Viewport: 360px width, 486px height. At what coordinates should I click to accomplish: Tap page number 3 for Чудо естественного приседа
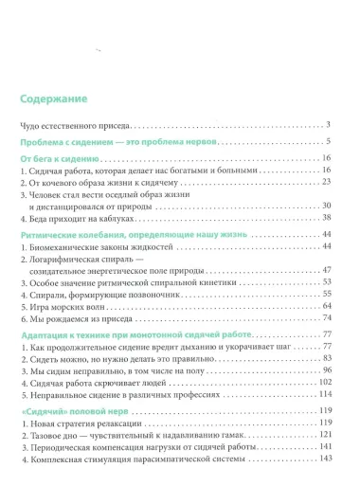click(x=327, y=125)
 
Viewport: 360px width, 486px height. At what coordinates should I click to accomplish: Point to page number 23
click(x=324, y=180)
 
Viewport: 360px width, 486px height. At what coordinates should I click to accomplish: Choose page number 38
click(x=324, y=217)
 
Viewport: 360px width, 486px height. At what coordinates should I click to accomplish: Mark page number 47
click(x=324, y=270)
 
